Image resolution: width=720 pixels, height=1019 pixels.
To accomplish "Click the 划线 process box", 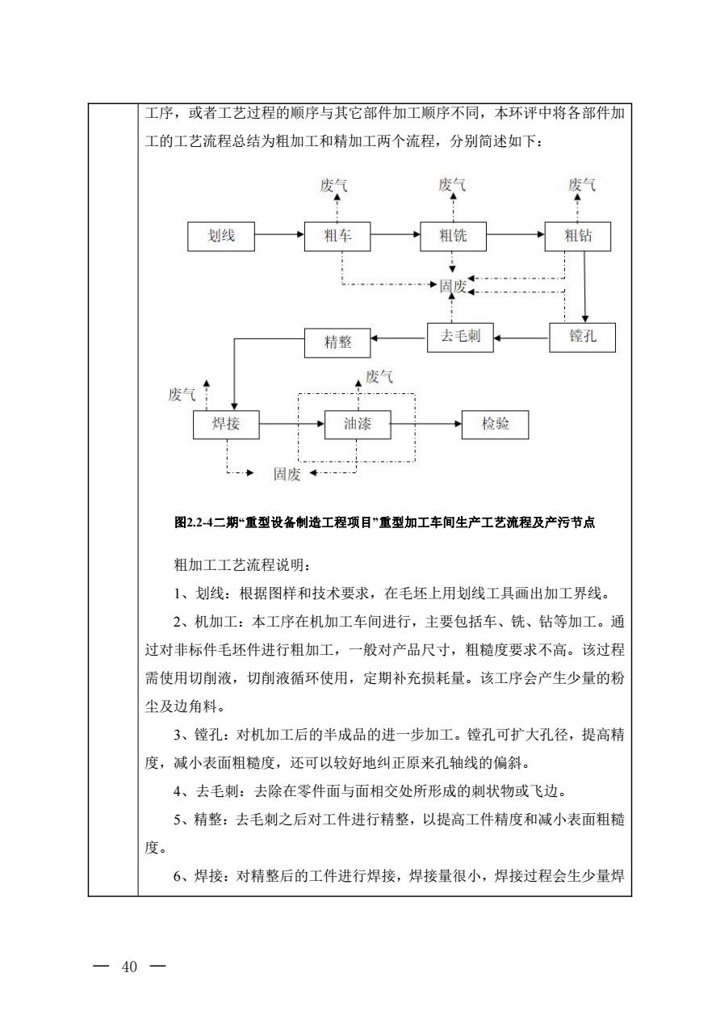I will coord(221,236).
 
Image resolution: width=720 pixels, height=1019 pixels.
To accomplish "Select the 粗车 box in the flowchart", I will coord(337,236).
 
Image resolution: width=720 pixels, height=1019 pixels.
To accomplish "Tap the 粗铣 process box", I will coord(453,236).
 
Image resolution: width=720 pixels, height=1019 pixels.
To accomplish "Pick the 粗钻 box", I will coord(577,236).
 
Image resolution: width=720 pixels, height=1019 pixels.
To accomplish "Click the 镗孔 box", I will coord(582,338).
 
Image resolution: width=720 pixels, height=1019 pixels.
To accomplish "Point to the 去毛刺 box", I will coord(460,336).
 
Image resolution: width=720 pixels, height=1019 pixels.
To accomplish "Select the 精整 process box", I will coord(337,342).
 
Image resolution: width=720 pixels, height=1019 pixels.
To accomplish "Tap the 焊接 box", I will coord(226,424).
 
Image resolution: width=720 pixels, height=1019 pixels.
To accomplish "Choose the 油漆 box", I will coord(358,424).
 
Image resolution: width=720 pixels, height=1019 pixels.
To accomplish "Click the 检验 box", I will coord(495,424).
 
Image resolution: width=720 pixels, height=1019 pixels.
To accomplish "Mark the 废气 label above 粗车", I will coord(334,186).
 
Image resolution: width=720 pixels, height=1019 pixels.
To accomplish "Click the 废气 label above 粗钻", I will coord(582,186).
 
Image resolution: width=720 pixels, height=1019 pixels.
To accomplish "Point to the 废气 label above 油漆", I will coord(379,375).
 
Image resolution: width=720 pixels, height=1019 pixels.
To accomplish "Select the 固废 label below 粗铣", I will coord(453,287).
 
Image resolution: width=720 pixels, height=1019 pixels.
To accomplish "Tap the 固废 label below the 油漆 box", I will coord(287,475).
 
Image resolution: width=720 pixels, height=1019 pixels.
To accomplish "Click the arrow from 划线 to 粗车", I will coord(279,236).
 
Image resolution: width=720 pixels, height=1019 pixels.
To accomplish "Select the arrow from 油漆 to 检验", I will coord(426,423).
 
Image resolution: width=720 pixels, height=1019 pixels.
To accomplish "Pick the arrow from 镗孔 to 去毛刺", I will coord(521,338).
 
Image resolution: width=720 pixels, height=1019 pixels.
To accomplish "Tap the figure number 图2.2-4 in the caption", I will coord(194,523).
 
